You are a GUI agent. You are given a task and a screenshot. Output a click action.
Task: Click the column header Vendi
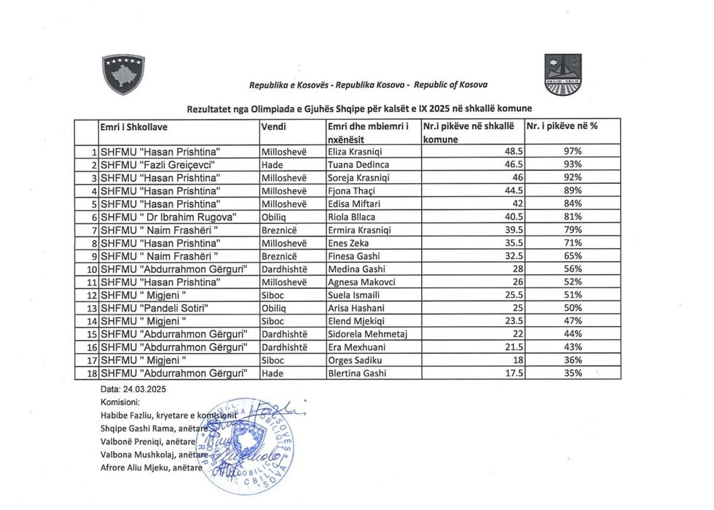tap(274, 126)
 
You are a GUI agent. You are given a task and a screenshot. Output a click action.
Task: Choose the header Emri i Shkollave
tap(134, 126)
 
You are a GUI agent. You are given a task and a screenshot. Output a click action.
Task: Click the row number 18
tap(92, 374)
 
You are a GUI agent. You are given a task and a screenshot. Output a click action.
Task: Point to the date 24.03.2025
tap(125, 389)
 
